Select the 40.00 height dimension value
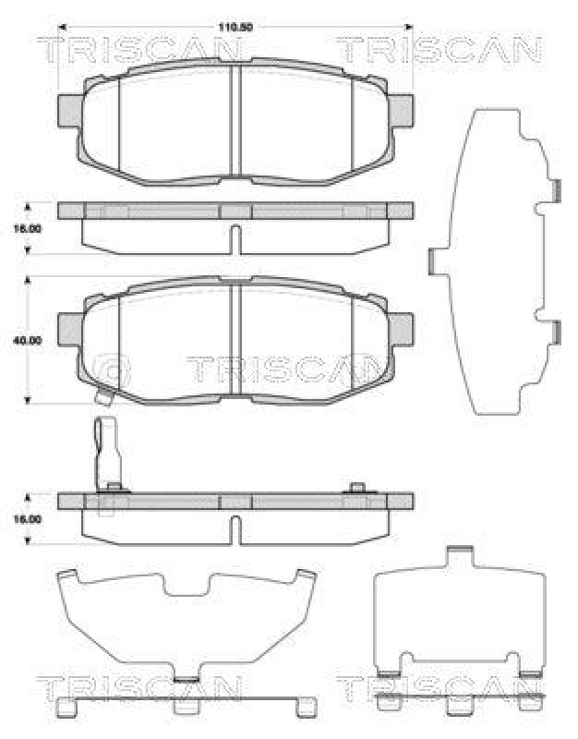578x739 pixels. tap(29, 340)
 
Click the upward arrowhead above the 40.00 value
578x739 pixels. tap(28, 278)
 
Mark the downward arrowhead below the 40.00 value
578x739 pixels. tap(28, 399)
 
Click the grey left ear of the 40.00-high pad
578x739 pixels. tap(70, 326)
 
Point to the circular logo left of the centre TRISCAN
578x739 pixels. tap(114, 369)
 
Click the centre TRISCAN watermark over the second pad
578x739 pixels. tap(283, 369)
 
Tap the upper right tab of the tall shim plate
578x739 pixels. tap(557, 188)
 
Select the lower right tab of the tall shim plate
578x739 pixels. tap(557, 330)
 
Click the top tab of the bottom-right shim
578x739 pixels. tap(458, 554)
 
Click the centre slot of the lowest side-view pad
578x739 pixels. tap(235, 529)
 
